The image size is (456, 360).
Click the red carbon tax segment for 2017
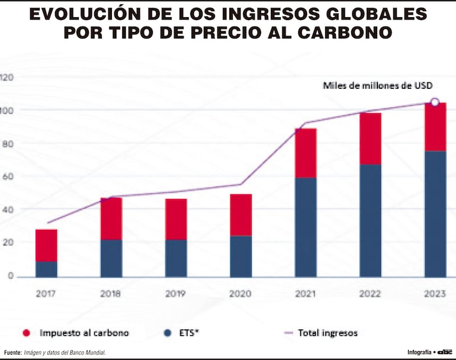(46, 245)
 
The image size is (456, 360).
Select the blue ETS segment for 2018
(111, 258)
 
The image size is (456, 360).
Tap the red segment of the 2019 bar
(176, 219)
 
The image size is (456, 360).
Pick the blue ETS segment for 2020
(241, 256)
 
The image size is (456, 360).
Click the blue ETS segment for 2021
(306, 227)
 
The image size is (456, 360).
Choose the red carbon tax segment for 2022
(370, 139)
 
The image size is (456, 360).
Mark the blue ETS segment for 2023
(435, 214)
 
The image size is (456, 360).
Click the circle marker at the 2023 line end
(435, 102)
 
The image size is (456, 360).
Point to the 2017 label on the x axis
(46, 292)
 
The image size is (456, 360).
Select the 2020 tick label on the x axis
(241, 292)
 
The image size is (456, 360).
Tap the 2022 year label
(370, 292)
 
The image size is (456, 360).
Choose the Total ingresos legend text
(327, 333)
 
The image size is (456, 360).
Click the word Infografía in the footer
(419, 352)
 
